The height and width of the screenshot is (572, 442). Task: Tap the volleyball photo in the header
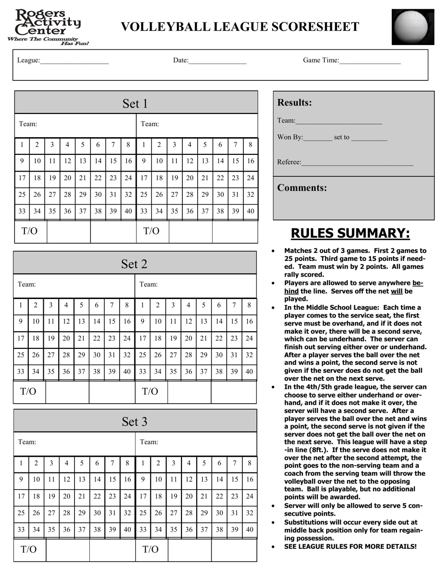pos(410,27)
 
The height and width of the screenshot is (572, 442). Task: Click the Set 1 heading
pos(135,103)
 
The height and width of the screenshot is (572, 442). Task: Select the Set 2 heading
pos(134,264)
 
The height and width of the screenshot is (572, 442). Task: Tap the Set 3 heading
pos(134,421)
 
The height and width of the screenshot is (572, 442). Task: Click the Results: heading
pos(295,103)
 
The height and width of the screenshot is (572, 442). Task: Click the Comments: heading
pos(302,188)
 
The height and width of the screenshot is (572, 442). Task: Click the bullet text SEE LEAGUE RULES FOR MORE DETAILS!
pos(350,546)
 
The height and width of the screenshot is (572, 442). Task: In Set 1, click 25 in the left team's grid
pos(22,195)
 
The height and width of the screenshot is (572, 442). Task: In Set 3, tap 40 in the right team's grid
pos(250,529)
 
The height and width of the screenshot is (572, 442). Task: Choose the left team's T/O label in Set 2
pos(28,392)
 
